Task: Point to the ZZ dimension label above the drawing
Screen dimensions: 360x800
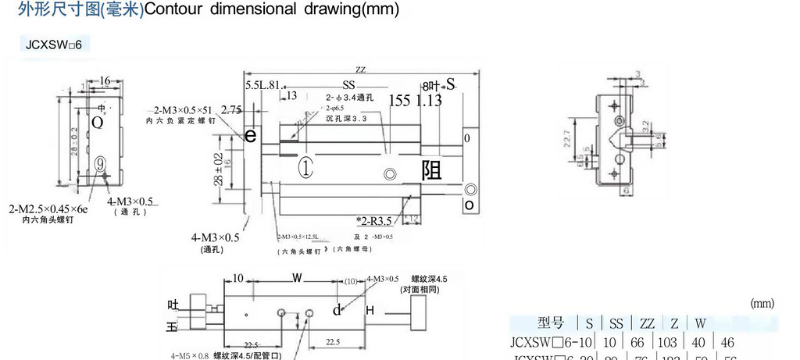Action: (360, 70)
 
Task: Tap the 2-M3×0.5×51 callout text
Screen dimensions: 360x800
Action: (183, 110)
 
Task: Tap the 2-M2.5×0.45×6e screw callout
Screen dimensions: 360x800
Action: (48, 209)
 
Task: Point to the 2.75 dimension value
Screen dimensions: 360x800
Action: (230, 109)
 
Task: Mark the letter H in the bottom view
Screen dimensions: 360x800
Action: (370, 311)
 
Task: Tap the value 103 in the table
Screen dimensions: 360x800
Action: (648, 342)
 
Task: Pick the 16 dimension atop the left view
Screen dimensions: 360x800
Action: (105, 80)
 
